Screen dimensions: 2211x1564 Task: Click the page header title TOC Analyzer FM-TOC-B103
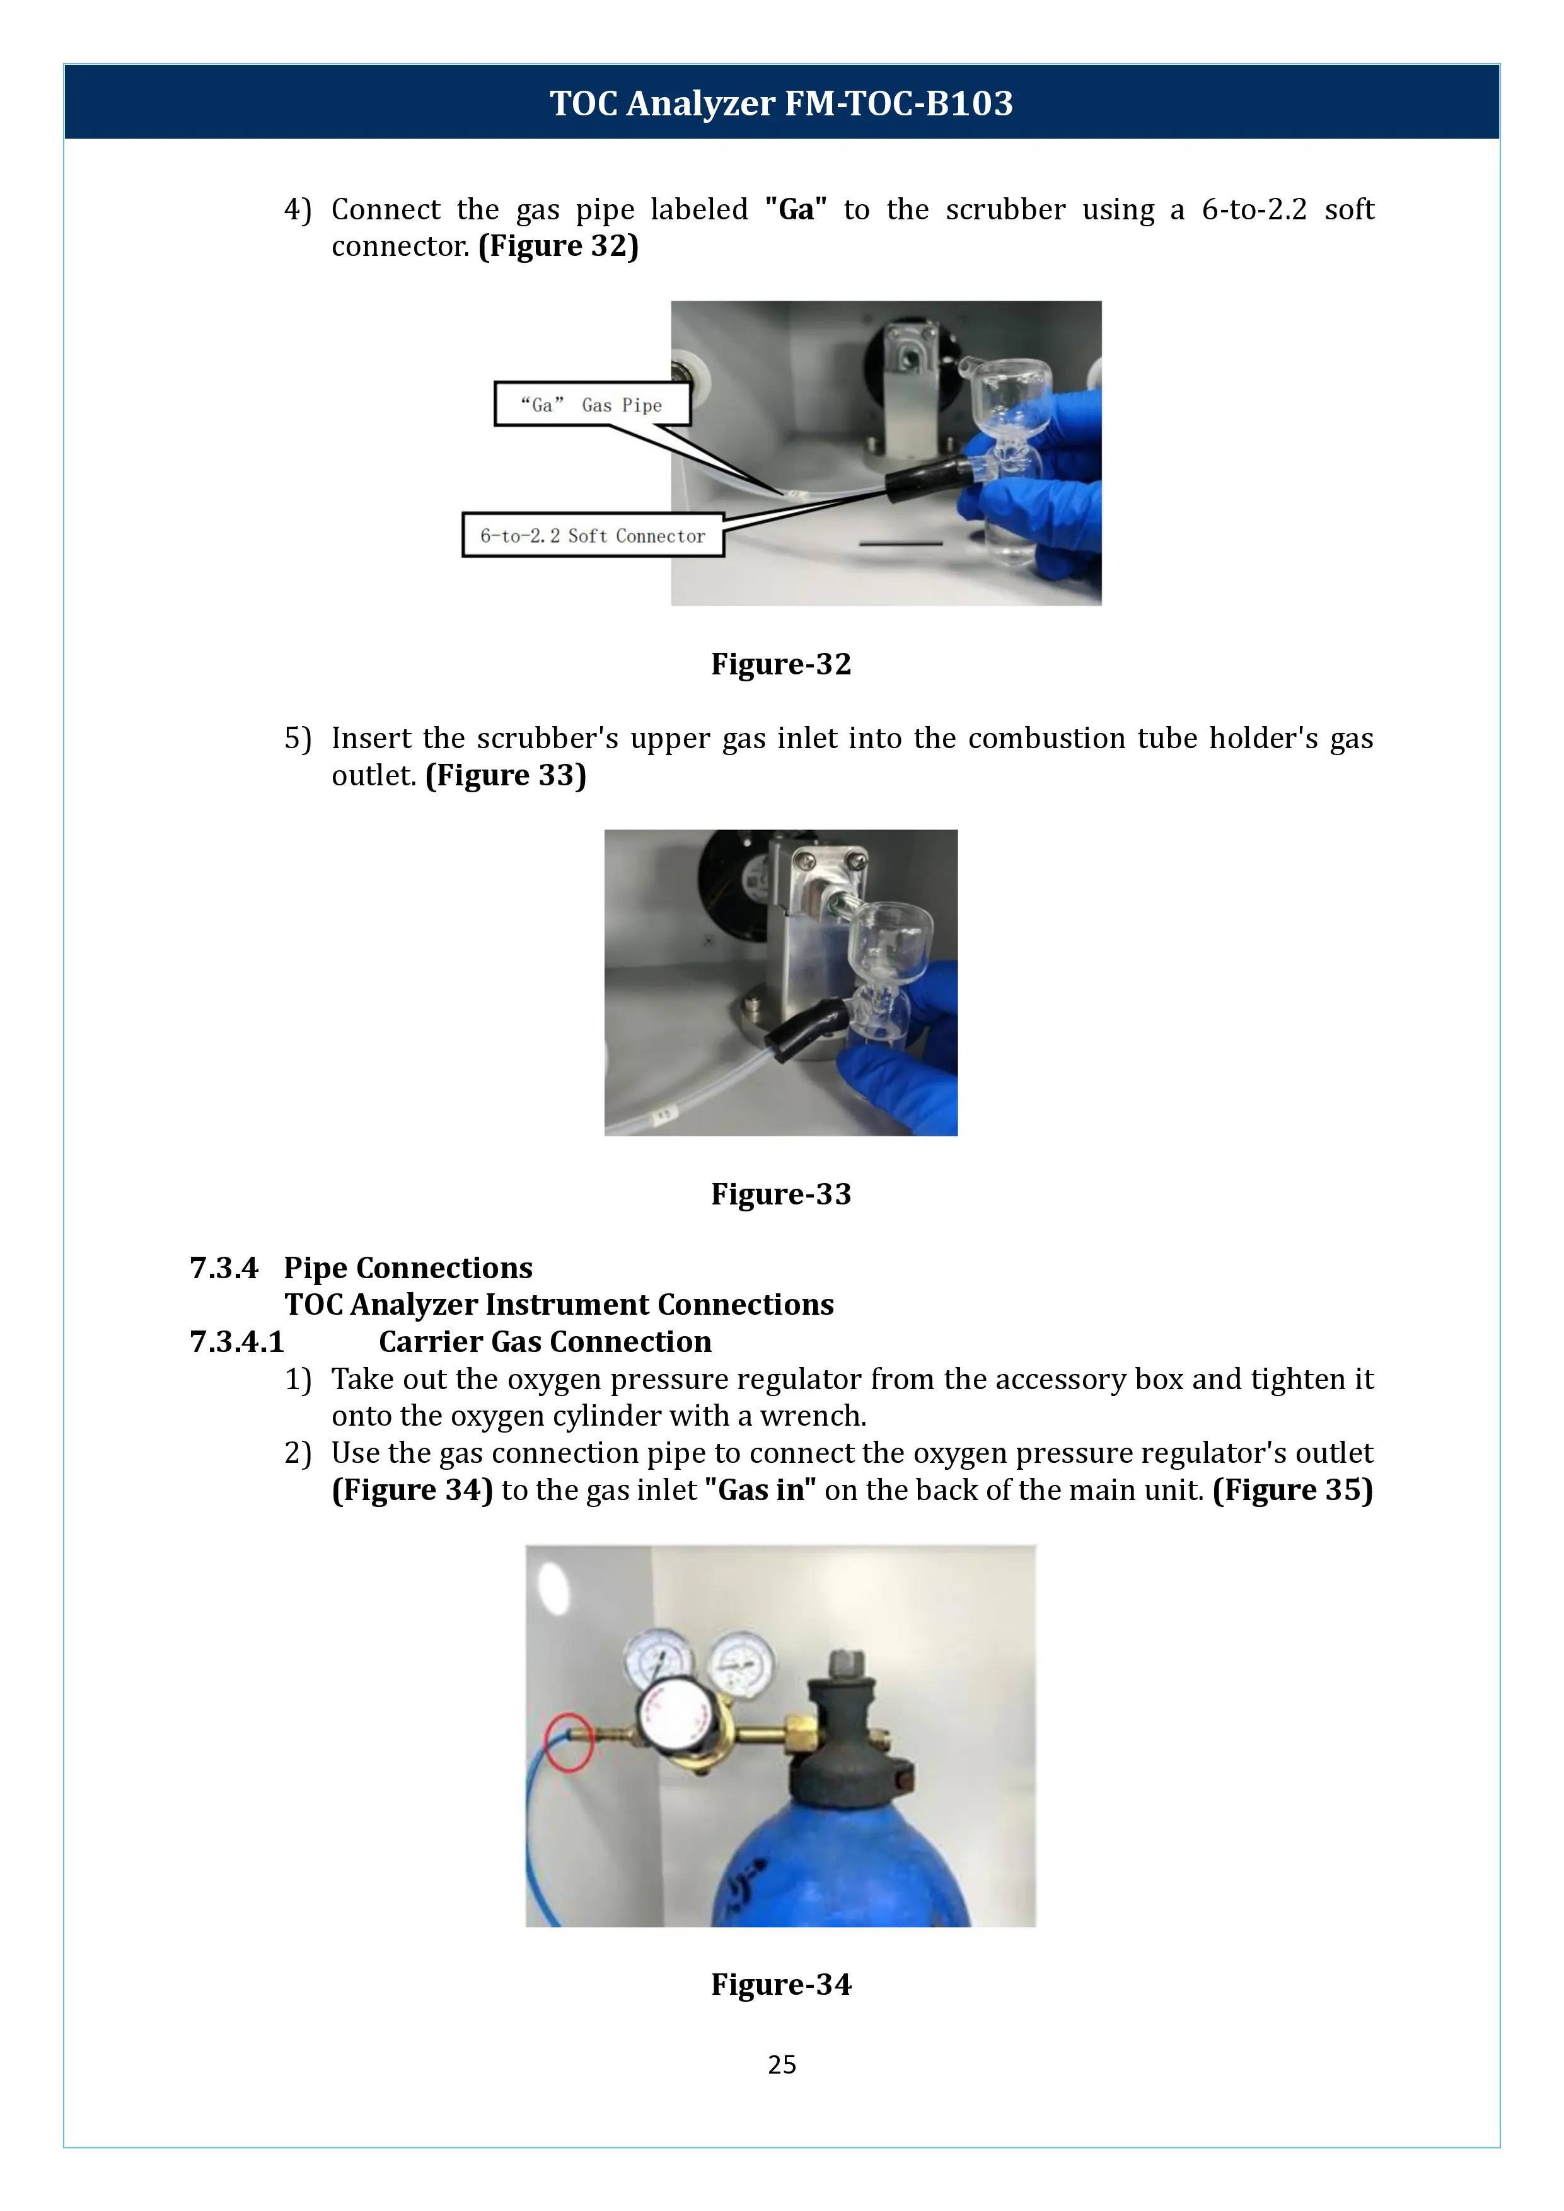[x=781, y=103]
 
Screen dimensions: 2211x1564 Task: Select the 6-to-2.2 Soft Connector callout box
[x=593, y=535]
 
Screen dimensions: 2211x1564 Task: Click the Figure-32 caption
[x=781, y=664]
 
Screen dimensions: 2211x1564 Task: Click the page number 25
[x=781, y=2064]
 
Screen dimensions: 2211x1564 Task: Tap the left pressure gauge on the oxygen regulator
[x=657, y=1658]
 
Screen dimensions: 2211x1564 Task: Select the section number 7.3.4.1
[x=237, y=1341]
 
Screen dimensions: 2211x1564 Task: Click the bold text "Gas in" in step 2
[x=760, y=1490]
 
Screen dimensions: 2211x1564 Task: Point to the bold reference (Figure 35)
[x=1292, y=1490]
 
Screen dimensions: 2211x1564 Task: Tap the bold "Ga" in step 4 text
[x=796, y=209]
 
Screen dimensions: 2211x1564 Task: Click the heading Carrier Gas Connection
[x=544, y=1341]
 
